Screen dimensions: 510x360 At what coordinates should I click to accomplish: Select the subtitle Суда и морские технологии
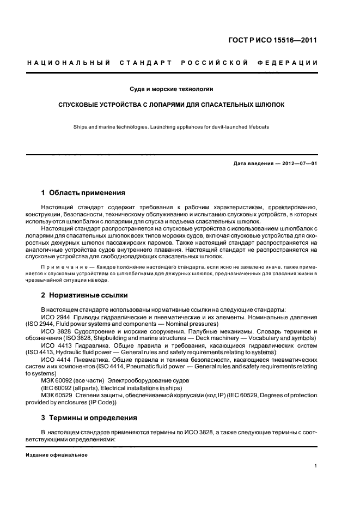click(x=171, y=88)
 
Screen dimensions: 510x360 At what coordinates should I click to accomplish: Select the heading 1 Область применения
click(x=83, y=193)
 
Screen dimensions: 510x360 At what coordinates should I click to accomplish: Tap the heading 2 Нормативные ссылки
click(x=84, y=295)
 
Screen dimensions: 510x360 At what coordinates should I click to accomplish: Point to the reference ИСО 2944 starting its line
click(x=54, y=317)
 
